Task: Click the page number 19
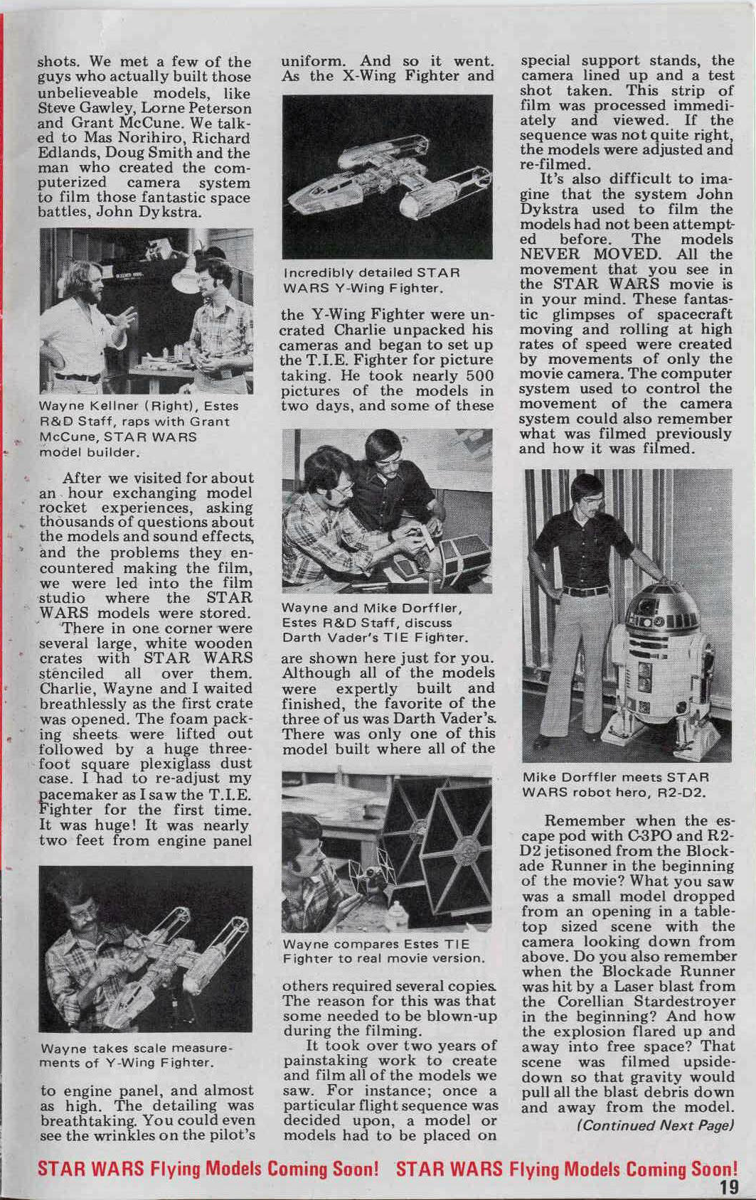click(x=728, y=1186)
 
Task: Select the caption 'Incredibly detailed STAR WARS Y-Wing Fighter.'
click(x=372, y=280)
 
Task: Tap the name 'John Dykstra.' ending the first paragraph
click(x=159, y=213)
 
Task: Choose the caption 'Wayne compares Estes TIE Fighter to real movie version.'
click(x=383, y=951)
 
